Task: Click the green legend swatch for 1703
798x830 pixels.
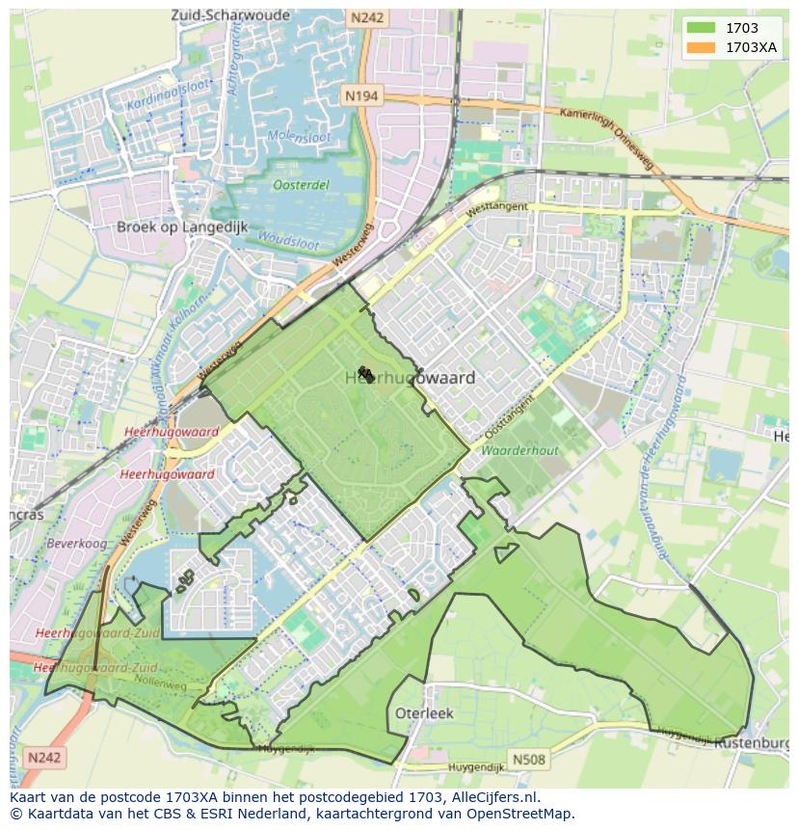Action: [701, 28]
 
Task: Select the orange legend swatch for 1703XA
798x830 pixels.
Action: [701, 46]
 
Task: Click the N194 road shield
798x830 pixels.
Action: [361, 95]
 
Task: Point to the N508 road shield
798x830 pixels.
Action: [529, 760]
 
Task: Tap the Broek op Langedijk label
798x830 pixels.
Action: [182, 228]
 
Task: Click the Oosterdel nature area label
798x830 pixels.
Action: [301, 185]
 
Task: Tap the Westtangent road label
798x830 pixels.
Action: [496, 207]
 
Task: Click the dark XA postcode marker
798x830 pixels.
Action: [365, 373]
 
